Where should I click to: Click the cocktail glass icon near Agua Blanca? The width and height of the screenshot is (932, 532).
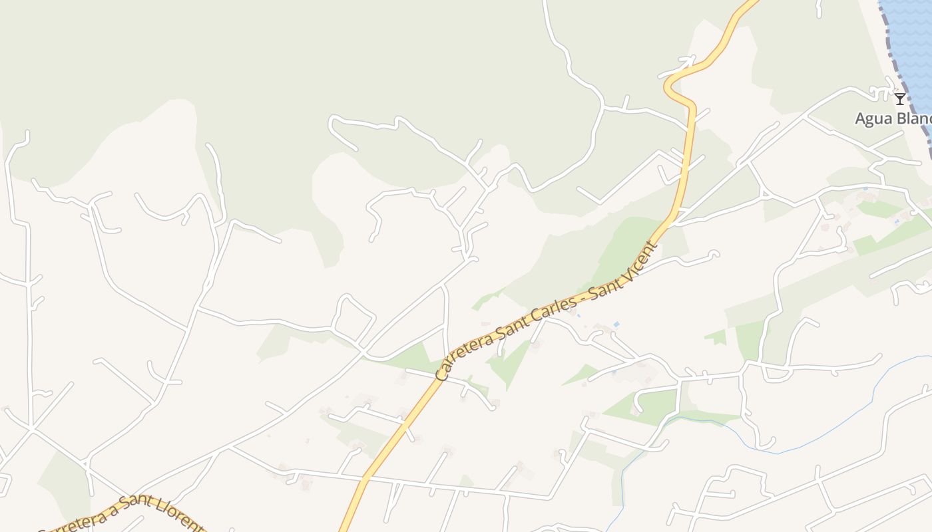pyautogui.click(x=899, y=99)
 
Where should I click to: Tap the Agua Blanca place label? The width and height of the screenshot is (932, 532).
pyautogui.click(x=892, y=119)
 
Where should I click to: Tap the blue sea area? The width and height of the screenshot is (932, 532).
pyautogui.click(x=912, y=40)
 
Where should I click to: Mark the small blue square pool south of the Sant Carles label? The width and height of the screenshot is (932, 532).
pyautogui.click(x=616, y=325)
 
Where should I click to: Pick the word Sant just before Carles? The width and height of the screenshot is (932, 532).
pyautogui.click(x=518, y=323)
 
